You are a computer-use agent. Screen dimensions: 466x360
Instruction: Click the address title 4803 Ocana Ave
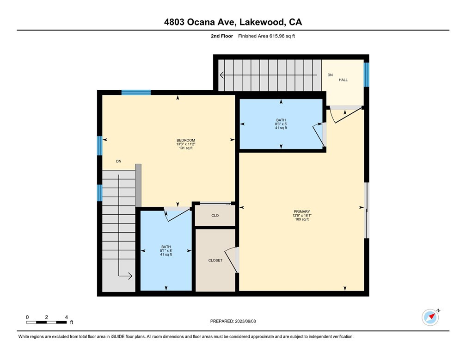tap(200, 22)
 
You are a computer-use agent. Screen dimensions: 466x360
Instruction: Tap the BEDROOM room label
tap(186, 140)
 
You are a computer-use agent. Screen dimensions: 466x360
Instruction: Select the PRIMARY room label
tap(301, 212)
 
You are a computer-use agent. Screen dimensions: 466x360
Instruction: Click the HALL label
tap(343, 80)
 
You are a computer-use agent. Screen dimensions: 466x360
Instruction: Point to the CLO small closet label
tap(215, 216)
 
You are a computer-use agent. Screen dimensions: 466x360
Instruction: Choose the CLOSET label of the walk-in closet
tap(215, 261)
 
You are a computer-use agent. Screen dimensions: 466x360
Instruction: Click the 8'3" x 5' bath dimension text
tap(281, 124)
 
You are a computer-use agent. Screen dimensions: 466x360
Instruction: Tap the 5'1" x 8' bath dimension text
tap(166, 250)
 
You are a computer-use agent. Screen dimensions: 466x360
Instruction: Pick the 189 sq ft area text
tap(302, 219)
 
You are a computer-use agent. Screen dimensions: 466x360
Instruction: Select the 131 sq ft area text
tap(186, 148)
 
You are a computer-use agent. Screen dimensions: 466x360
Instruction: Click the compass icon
tap(430, 317)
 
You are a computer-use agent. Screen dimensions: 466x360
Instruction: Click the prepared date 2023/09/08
tap(245, 321)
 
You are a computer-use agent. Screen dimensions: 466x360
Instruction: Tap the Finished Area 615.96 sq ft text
tap(267, 36)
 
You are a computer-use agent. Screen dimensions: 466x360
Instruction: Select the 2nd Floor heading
tap(222, 36)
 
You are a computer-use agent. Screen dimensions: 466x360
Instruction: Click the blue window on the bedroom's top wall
tap(136, 92)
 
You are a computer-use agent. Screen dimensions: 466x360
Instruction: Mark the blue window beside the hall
tap(367, 74)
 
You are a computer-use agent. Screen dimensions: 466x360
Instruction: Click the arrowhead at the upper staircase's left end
tap(222, 75)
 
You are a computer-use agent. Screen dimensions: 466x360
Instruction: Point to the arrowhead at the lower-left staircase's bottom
tap(129, 276)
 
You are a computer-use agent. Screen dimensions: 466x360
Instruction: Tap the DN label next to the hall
tap(330, 75)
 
